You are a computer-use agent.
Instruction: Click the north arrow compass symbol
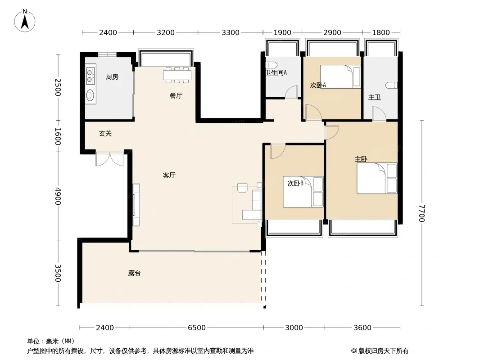tap(25, 21)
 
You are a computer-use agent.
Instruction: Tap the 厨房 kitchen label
tap(112, 77)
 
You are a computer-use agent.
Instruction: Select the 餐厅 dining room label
tap(176, 96)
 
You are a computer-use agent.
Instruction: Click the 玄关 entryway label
tap(105, 134)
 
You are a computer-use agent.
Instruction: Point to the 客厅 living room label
tap(169, 175)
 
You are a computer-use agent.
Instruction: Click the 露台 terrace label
tap(134, 273)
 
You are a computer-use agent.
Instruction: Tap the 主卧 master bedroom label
tap(361, 159)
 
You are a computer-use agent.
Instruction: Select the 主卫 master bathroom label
tap(374, 97)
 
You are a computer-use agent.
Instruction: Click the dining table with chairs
tap(177, 75)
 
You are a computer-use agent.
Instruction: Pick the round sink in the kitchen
tap(90, 95)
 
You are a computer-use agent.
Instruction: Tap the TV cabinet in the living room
tap(136, 205)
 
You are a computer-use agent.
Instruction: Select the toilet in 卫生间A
tap(272, 65)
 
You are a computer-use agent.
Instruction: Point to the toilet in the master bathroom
tap(392, 85)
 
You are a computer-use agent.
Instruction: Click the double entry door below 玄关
tap(110, 158)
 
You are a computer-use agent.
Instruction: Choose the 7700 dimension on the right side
tap(422, 213)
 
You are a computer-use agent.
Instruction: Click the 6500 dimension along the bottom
tap(196, 328)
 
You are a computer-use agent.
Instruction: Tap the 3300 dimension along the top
tap(230, 32)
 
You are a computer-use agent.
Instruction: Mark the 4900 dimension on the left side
tap(58, 196)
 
